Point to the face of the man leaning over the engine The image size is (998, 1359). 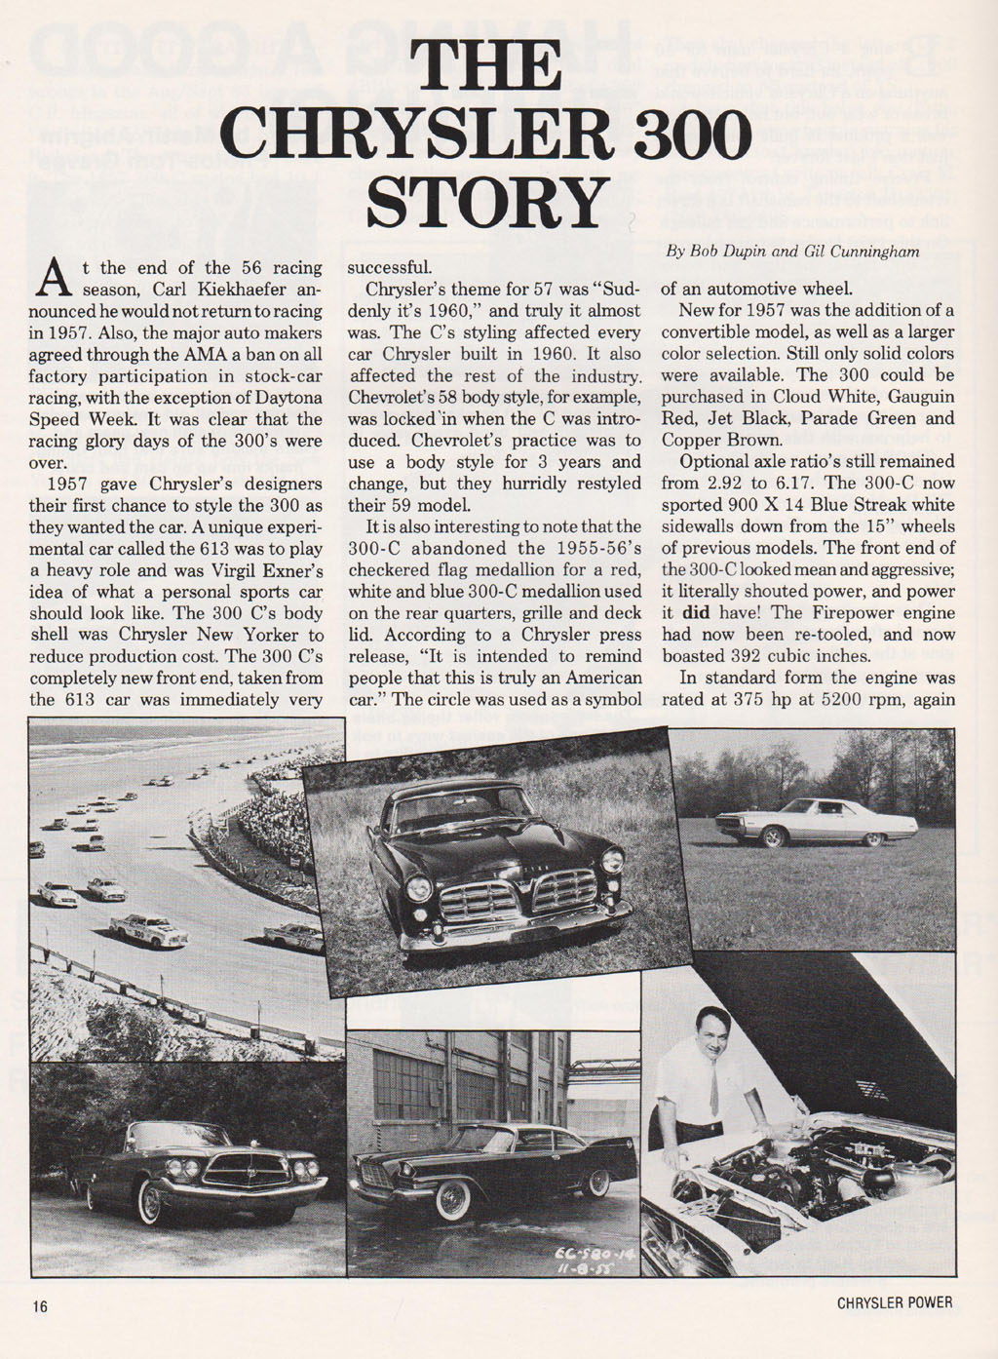[x=713, y=1035]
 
